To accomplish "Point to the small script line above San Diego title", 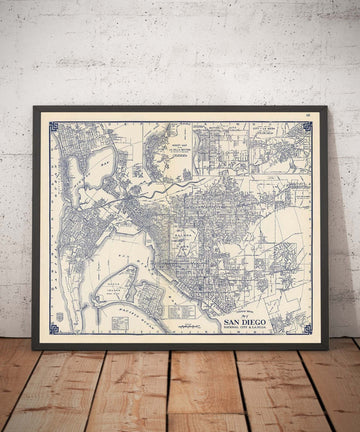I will pos(242,314).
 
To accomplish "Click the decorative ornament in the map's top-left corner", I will pos(54,128).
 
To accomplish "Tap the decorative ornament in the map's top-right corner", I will pos(307,128).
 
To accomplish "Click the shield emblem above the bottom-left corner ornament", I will pos(57,316).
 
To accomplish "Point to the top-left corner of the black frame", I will pos(34,108).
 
